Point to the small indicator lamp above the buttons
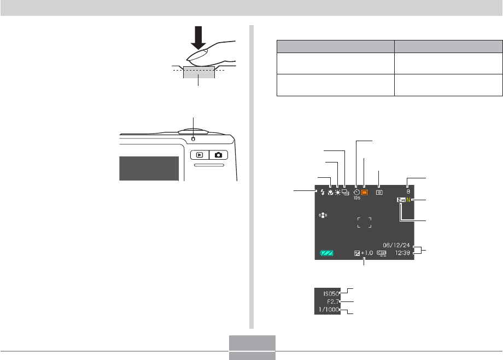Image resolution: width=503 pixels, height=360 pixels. (x=193, y=137)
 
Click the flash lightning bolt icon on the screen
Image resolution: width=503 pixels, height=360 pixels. (x=323, y=193)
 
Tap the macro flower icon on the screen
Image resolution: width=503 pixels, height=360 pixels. (x=331, y=193)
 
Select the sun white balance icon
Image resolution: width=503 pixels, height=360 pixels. (x=338, y=193)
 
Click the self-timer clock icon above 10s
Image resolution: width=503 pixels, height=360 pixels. (x=356, y=191)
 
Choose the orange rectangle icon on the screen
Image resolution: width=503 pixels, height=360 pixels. (x=365, y=193)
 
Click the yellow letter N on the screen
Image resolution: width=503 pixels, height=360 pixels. (x=408, y=201)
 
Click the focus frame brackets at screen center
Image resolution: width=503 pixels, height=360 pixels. (x=364, y=222)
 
